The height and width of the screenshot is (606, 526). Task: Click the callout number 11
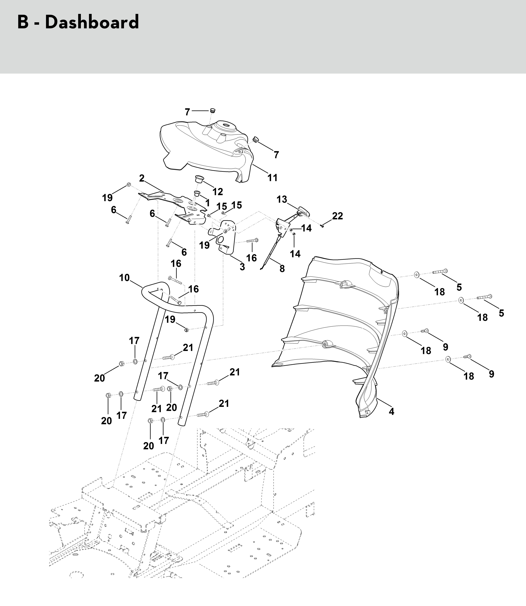(272, 178)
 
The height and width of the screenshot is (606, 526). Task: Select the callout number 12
(217, 192)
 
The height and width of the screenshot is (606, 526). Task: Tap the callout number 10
(124, 278)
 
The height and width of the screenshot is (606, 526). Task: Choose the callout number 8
(282, 269)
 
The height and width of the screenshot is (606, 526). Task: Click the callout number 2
(142, 178)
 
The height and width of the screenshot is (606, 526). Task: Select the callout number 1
(208, 203)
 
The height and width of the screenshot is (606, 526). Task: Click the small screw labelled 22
(322, 226)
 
